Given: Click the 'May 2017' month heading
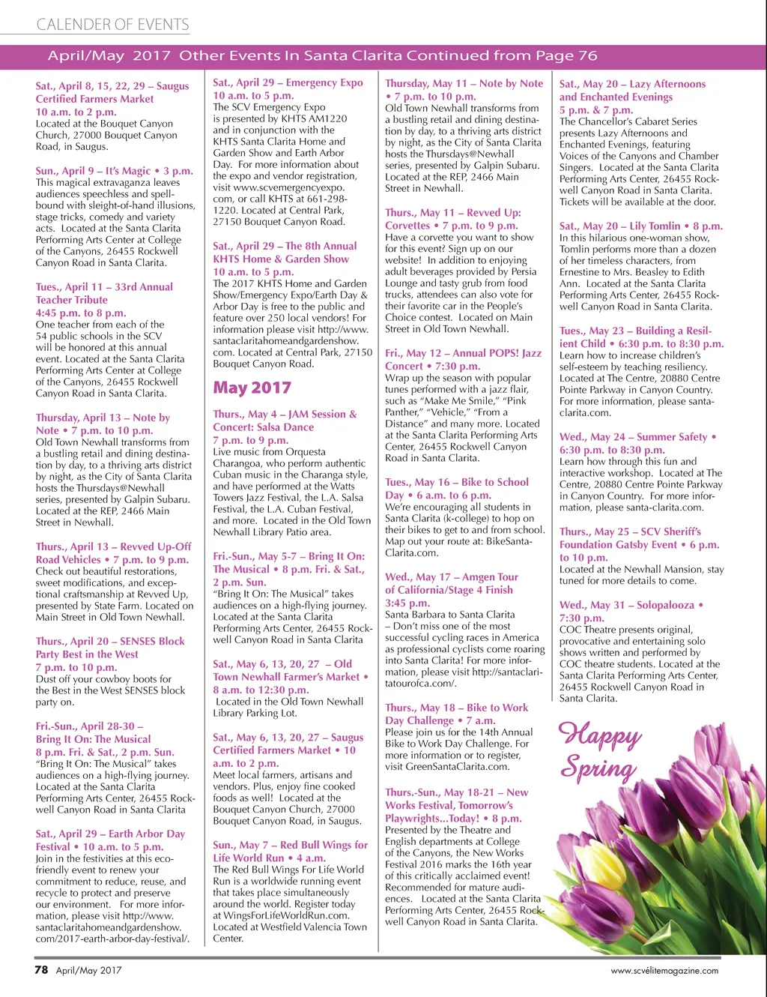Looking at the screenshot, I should pos(252,388).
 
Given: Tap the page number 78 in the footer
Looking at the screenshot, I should pos(41,969).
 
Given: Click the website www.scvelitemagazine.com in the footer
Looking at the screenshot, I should pos(664,970).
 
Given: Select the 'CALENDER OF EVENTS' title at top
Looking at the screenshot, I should pos(112,25).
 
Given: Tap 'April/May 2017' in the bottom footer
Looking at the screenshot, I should pos(88,970).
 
